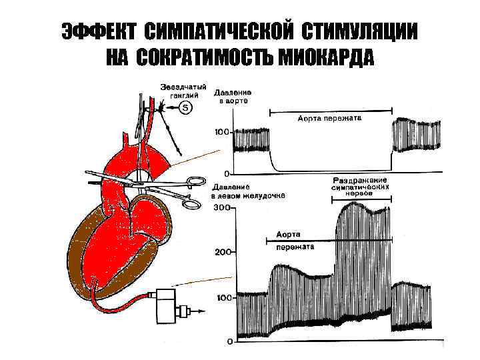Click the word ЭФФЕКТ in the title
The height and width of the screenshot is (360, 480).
[x=98, y=31]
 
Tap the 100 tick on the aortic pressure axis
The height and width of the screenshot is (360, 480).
[x=221, y=131]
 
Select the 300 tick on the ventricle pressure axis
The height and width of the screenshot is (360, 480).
[x=221, y=208]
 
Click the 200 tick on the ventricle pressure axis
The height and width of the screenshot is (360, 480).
[x=221, y=252]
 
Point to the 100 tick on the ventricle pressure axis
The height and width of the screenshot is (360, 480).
[x=221, y=297]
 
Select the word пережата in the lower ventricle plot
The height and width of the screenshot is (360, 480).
[x=294, y=246]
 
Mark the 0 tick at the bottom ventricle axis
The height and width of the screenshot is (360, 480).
[x=227, y=342]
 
